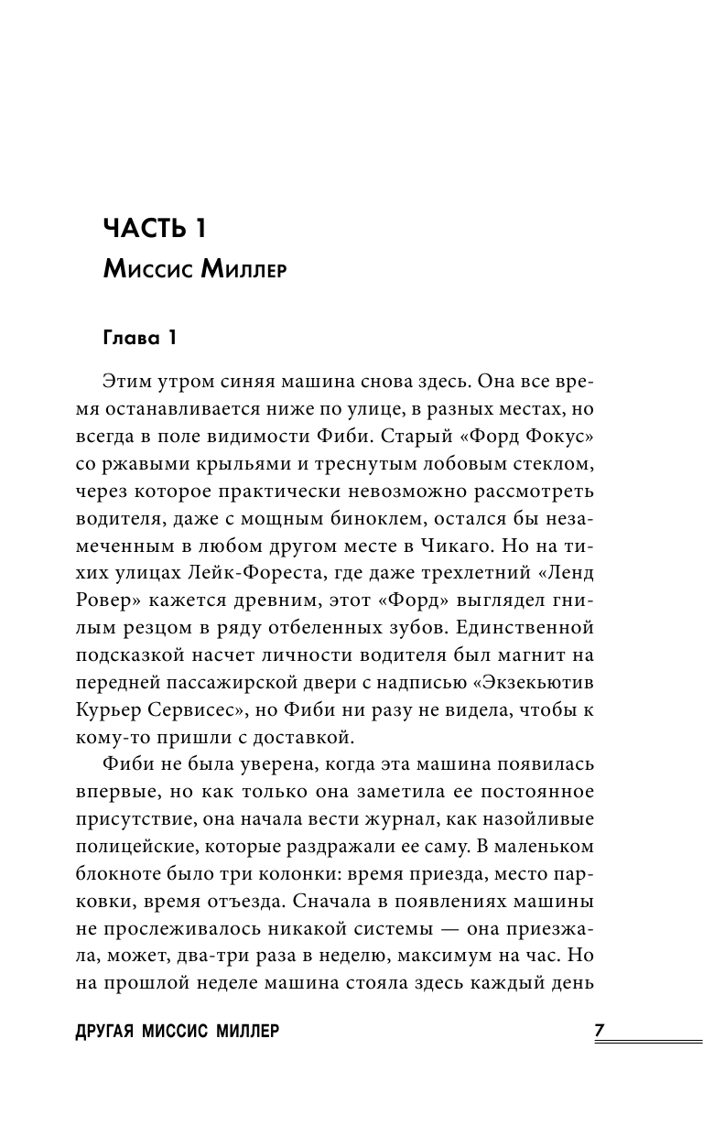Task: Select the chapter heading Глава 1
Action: click(138, 339)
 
